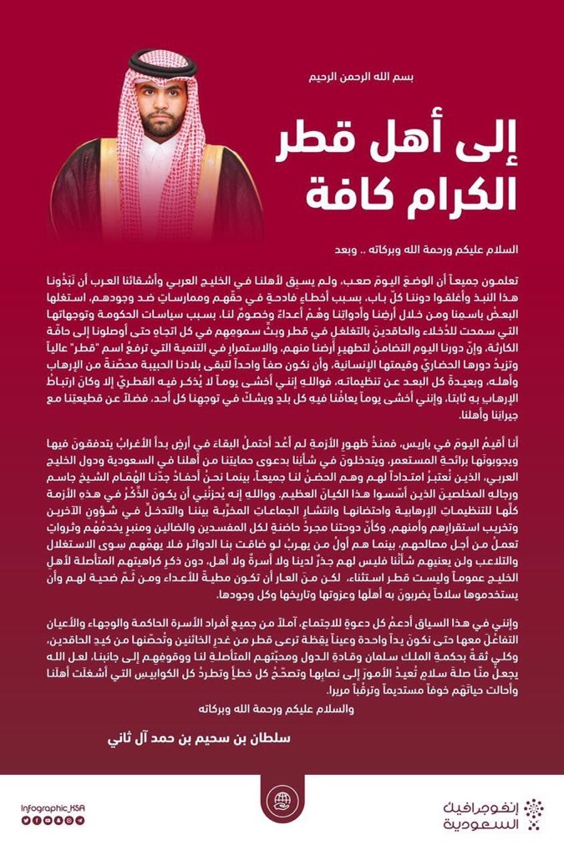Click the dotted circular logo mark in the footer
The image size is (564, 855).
[x=532, y=811]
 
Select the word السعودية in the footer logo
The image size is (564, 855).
[x=480, y=821]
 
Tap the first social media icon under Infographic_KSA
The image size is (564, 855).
[x=25, y=820]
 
